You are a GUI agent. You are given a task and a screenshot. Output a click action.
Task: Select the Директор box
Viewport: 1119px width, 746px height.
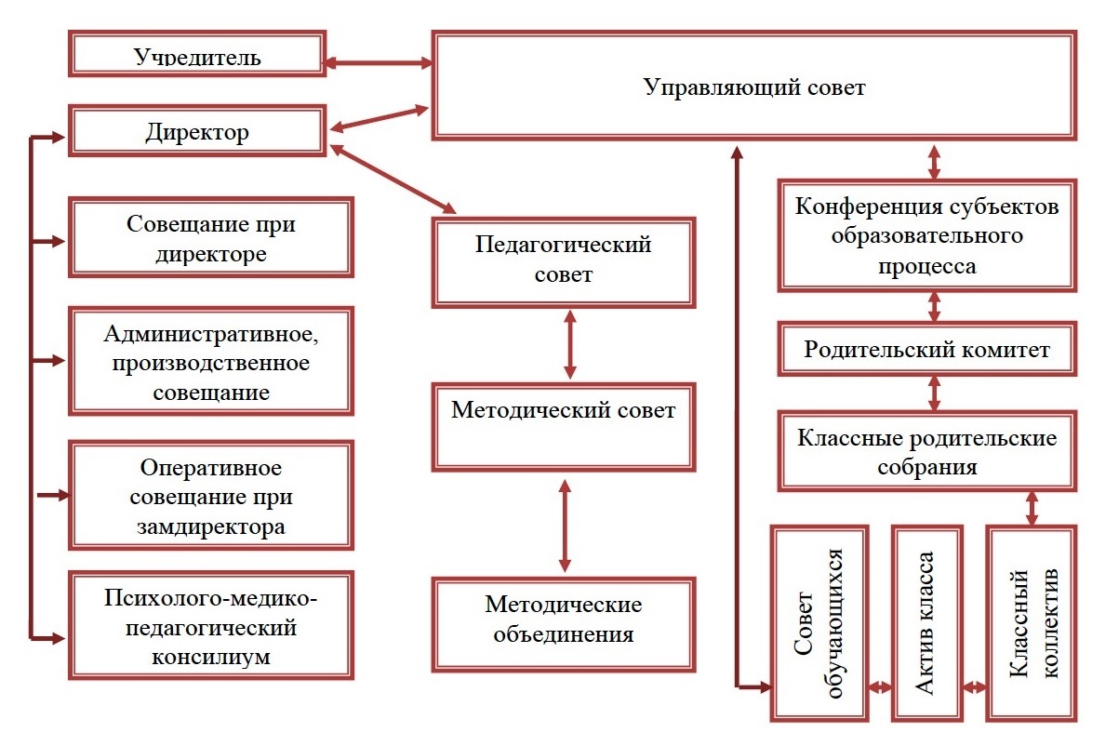197,132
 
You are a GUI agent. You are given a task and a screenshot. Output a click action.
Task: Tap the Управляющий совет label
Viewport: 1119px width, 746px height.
754,87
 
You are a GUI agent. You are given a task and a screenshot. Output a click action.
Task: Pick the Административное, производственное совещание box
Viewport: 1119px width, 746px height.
211,361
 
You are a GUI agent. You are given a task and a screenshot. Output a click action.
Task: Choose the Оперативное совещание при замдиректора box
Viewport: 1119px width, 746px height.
211,495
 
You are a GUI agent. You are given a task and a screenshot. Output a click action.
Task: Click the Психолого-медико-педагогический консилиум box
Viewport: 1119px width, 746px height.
211,624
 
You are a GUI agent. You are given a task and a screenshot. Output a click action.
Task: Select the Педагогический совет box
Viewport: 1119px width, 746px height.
563,261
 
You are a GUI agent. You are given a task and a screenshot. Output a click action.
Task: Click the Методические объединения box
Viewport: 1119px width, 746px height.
563,621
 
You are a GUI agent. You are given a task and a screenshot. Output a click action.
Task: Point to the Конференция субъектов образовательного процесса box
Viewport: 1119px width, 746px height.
927,235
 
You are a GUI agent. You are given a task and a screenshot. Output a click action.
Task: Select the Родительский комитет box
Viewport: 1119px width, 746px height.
927,350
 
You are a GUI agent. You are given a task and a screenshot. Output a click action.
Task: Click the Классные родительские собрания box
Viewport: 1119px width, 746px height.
927,451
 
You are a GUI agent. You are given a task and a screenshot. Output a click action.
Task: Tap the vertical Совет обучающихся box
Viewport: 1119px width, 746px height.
819,623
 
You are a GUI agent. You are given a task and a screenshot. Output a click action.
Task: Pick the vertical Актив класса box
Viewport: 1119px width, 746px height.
926,623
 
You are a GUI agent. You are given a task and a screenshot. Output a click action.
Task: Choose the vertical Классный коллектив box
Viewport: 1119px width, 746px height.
1033,623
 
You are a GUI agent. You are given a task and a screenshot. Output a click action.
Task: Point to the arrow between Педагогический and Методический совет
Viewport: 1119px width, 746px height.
569,344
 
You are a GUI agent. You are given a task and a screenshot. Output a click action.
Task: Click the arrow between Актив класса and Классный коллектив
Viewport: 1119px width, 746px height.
974,688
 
